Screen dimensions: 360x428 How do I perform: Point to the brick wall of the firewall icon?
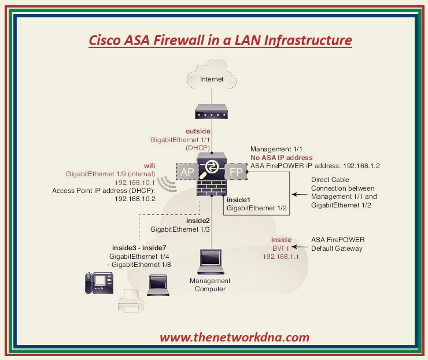click(x=211, y=188)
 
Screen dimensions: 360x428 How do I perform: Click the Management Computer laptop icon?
click(x=211, y=261)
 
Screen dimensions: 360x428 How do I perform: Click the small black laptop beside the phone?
click(x=158, y=284)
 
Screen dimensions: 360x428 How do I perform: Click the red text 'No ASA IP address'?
click(x=281, y=157)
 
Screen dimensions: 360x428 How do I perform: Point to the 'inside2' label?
click(x=198, y=221)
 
